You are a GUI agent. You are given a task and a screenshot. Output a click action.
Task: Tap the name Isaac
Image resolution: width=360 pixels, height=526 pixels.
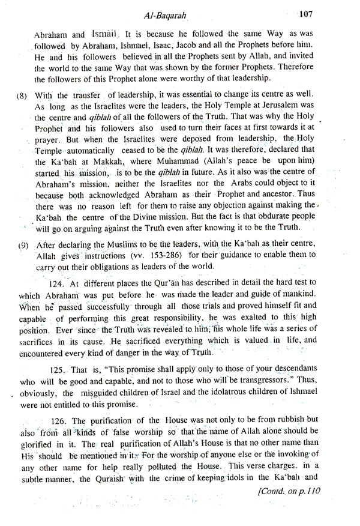[163, 48]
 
